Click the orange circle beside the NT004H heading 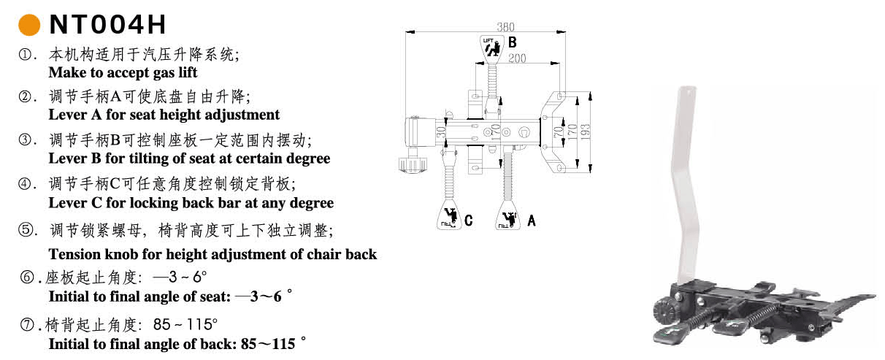pyautogui.click(x=28, y=25)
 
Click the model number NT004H pyautogui.click(x=107, y=25)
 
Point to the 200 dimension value pyautogui.click(x=517, y=58)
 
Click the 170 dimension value pyautogui.click(x=574, y=131)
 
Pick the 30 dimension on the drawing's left pyautogui.click(x=442, y=132)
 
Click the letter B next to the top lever pyautogui.click(x=513, y=42)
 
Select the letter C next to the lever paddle pyautogui.click(x=468, y=220)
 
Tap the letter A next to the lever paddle pyautogui.click(x=531, y=220)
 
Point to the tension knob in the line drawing pyautogui.click(x=413, y=162)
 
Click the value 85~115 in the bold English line pyautogui.click(x=269, y=343)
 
